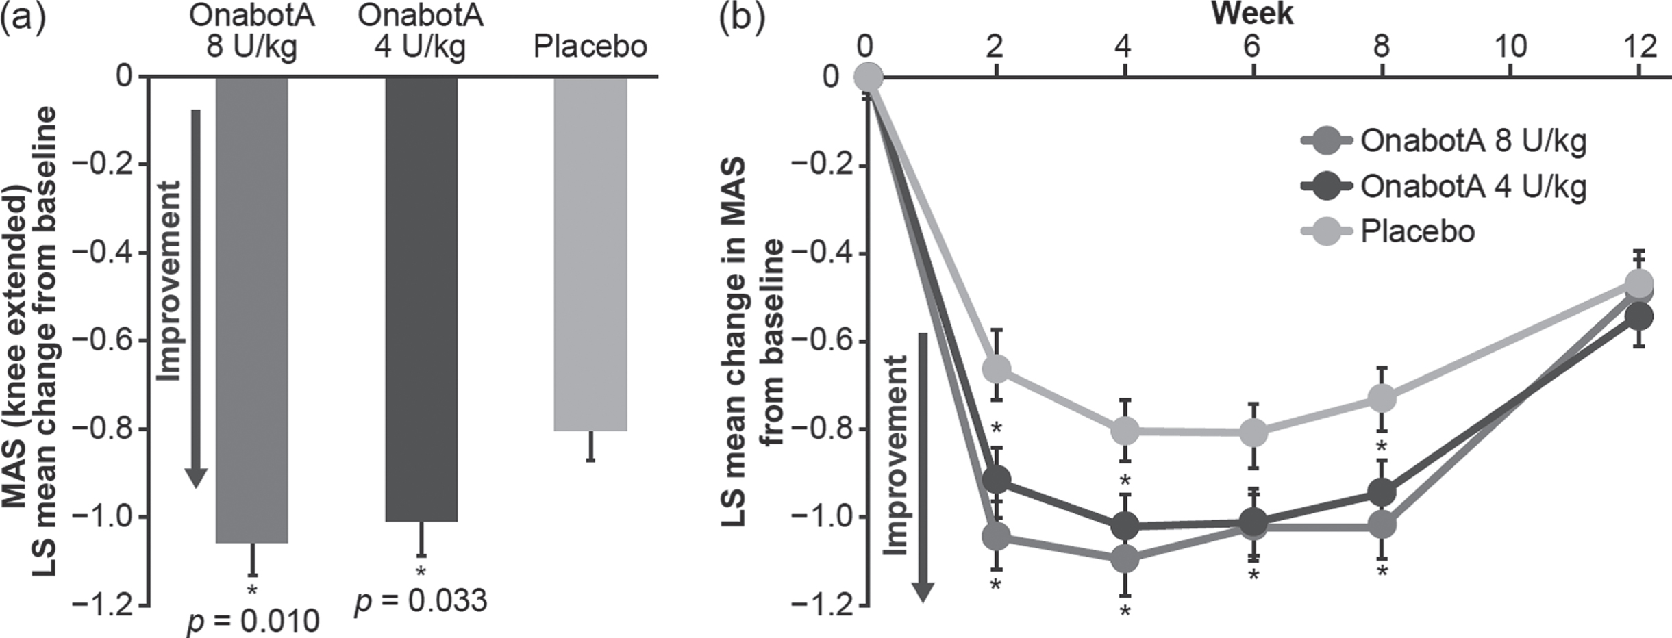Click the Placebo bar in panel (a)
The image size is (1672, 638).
point(590,253)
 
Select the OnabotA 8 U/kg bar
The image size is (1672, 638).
point(252,309)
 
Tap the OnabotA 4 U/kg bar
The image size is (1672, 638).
point(421,298)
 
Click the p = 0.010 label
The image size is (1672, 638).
point(253,620)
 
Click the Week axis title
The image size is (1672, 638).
point(1252,14)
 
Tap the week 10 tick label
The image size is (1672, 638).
point(1510,47)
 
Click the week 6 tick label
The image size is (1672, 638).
point(1252,47)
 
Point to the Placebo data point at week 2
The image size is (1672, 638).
point(996,369)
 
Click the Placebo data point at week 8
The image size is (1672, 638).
point(1382,398)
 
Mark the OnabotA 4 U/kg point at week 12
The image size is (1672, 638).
point(1638,316)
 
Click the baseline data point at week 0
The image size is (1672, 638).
point(868,77)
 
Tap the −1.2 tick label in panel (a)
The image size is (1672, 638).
point(105,605)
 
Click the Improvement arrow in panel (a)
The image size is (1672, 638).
point(196,298)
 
